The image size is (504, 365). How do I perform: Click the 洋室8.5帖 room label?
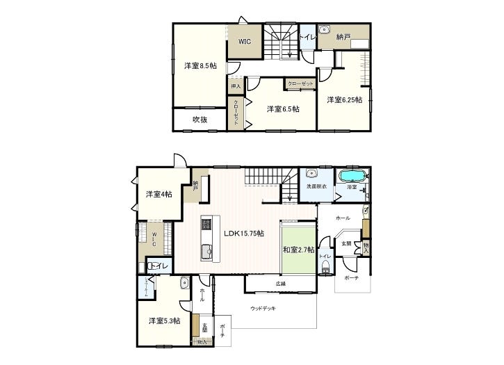200,66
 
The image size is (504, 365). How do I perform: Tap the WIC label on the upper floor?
244,42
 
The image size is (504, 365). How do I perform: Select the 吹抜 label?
200,119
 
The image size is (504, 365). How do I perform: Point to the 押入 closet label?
235,86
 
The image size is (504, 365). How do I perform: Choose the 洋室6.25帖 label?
345,100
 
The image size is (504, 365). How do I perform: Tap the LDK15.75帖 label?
243,234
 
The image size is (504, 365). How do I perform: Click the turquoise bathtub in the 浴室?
352,176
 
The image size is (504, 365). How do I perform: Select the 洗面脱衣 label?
316,187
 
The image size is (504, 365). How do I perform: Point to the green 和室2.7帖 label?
298,250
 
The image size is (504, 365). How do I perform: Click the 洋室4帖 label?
159,194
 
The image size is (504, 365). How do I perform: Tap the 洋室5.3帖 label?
164,321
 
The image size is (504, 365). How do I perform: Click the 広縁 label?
280,284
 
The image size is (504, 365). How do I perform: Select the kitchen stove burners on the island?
206,225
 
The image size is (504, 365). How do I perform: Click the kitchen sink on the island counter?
206,252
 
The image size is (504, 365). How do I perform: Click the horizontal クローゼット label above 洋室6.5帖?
301,83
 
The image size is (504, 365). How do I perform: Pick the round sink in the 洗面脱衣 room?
311,174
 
